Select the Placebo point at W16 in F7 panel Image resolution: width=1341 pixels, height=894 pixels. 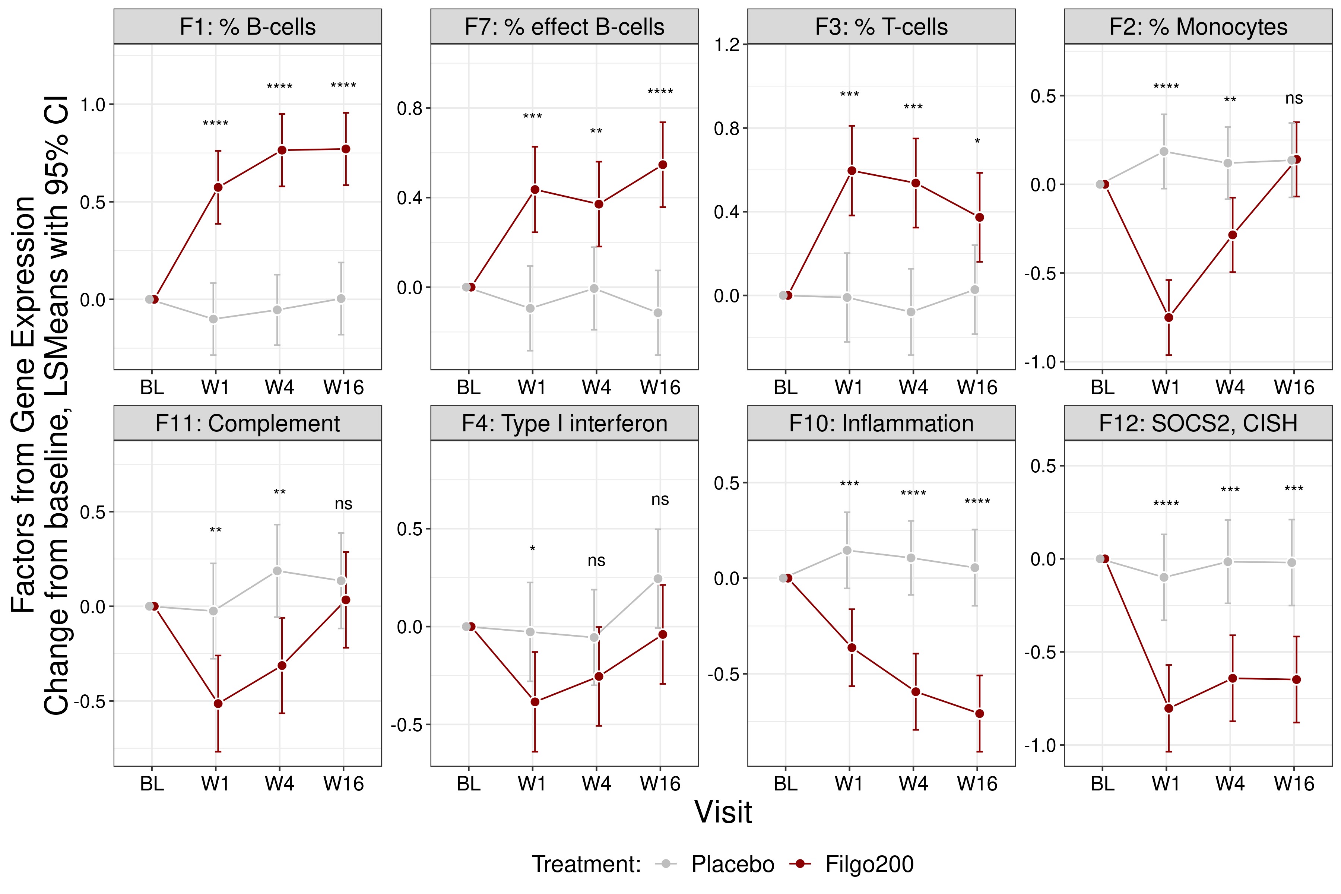[x=658, y=313]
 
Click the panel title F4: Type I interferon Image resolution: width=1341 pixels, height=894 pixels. [x=564, y=424]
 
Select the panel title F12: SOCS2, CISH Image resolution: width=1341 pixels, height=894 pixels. [x=1198, y=424]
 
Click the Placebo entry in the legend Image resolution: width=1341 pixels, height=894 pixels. [x=733, y=864]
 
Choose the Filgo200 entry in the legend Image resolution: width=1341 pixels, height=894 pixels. [x=869, y=864]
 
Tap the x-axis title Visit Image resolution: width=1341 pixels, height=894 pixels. [x=723, y=812]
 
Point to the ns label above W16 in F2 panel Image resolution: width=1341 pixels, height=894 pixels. [x=1294, y=99]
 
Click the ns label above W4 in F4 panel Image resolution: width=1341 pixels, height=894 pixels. [x=596, y=561]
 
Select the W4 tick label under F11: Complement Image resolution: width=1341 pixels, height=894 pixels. [x=279, y=784]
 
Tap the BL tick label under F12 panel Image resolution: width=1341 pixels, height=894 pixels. [x=1102, y=784]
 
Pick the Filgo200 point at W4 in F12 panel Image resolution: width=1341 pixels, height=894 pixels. [x=1233, y=678]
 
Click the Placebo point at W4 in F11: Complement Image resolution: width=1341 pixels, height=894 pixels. [x=277, y=571]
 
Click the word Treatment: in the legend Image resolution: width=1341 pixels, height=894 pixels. [x=586, y=864]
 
